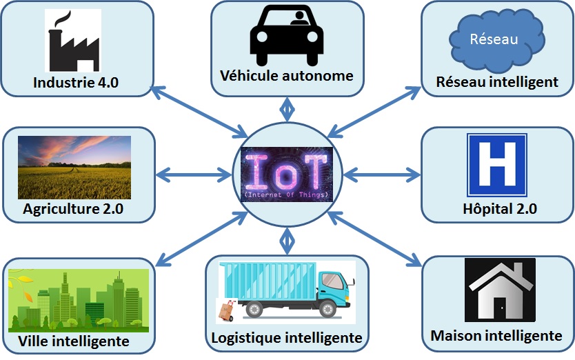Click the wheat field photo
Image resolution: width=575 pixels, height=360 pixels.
coord(74,167)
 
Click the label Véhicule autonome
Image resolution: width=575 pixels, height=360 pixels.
coord(286,75)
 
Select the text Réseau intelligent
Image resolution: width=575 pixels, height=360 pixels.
coord(496,82)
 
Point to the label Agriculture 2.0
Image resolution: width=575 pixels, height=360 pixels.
coord(73,209)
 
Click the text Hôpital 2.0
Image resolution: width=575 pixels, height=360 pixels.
coord(496,208)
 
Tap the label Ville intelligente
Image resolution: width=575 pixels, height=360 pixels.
coord(74,341)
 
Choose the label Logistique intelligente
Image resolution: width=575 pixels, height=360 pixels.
coord(286,338)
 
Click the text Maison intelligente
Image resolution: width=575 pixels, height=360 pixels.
coord(496,336)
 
